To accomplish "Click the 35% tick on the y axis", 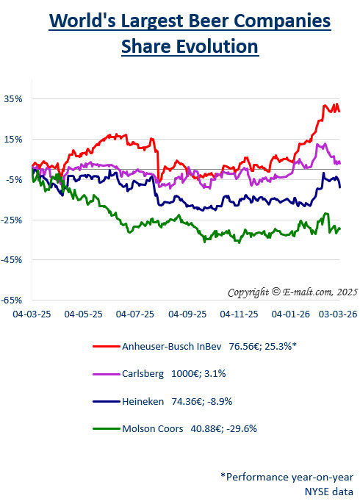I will (x=14, y=98).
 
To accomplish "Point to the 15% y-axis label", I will (x=14, y=139).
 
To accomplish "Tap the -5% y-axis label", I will (x=14, y=179).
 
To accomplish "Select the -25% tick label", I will (x=12, y=220).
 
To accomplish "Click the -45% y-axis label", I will (x=12, y=259).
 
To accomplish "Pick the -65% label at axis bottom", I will (x=12, y=300).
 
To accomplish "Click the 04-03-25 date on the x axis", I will (x=30, y=314).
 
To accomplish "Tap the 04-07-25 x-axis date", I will (x=135, y=314).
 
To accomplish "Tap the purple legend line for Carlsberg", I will (x=108, y=374).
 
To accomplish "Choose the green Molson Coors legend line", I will (x=108, y=428).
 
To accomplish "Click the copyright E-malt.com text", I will (x=292, y=292).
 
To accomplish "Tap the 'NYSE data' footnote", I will (x=329, y=491).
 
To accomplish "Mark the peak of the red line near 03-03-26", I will (x=336, y=104).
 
